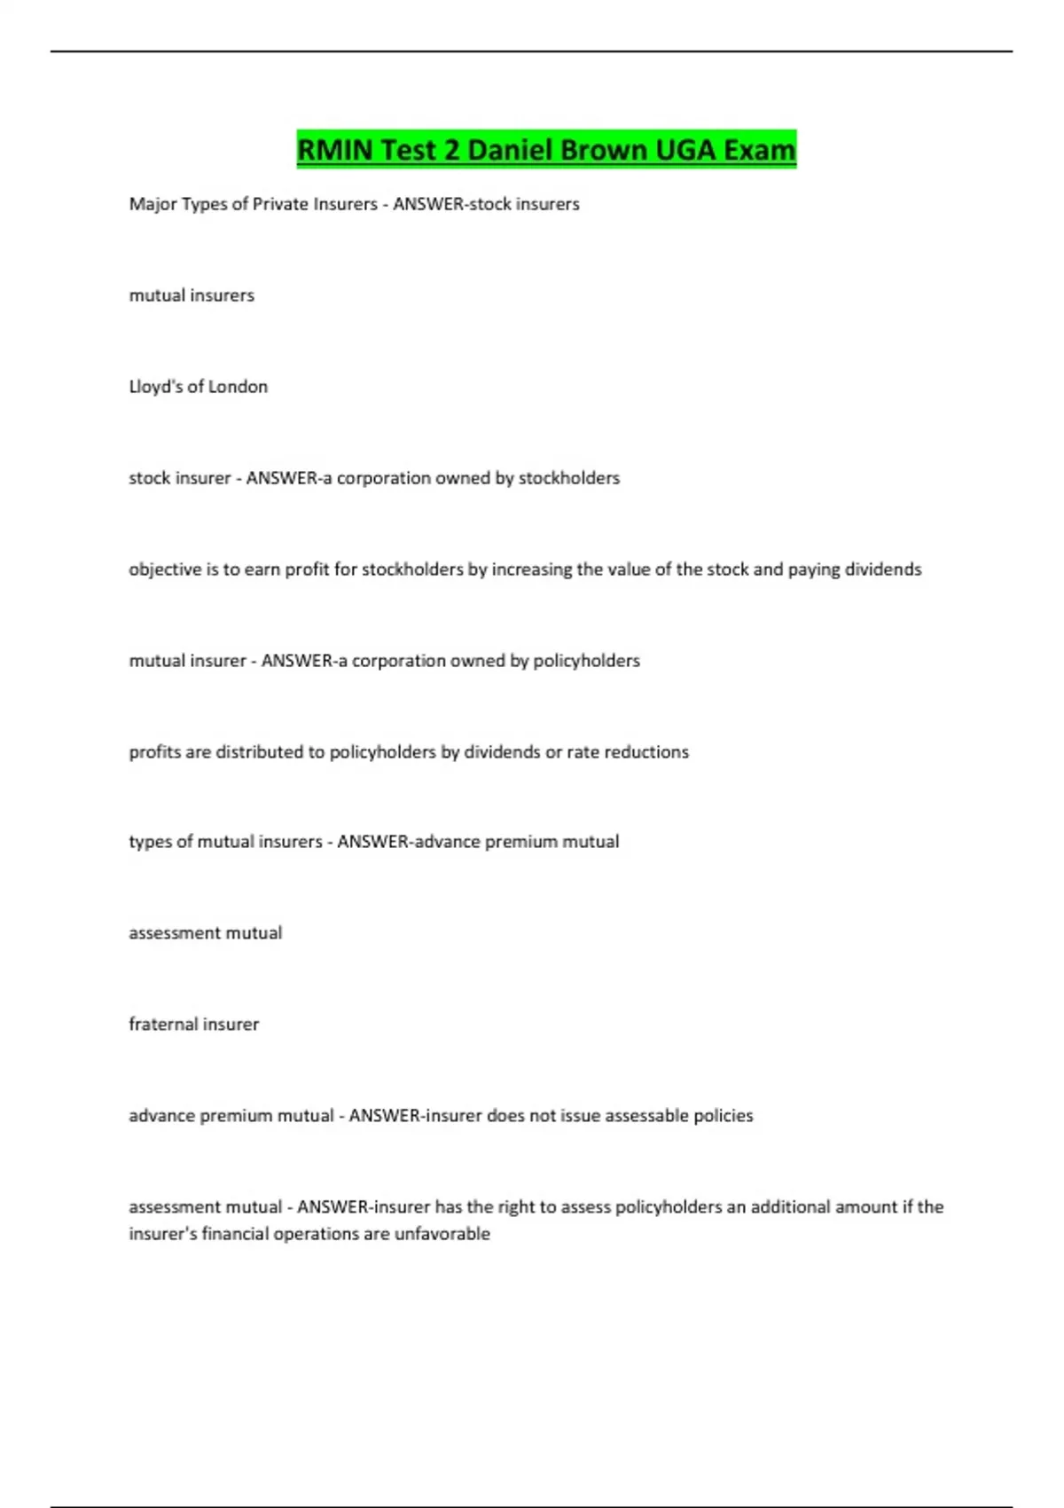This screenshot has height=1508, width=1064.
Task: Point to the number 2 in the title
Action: tap(451, 150)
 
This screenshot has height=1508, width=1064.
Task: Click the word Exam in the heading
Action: tap(759, 150)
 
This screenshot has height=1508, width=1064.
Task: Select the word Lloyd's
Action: tap(155, 387)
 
